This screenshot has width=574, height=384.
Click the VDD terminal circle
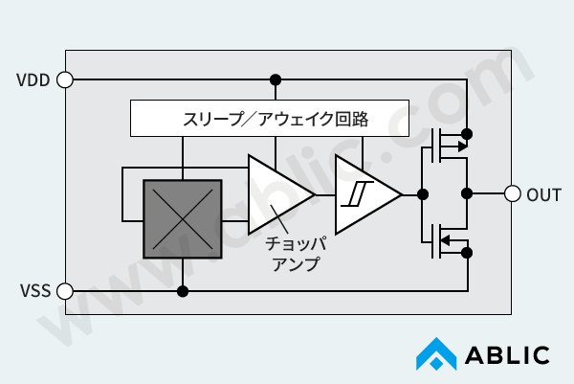[x=65, y=79]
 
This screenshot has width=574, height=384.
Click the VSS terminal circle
[x=65, y=290]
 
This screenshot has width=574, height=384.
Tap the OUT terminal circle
[x=512, y=193]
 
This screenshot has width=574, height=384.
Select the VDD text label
[x=34, y=79]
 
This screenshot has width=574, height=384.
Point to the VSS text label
[x=34, y=290]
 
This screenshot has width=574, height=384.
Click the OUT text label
[x=544, y=193]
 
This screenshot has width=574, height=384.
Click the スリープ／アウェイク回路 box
[x=270, y=119]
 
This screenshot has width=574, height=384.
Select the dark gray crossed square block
[x=182, y=219]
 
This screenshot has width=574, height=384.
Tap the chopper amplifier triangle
[x=276, y=193]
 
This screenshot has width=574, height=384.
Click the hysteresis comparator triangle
[x=363, y=194]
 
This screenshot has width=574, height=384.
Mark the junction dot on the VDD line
[x=276, y=79]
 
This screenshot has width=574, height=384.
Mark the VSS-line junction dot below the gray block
[x=182, y=290]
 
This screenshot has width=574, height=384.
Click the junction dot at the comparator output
[x=421, y=194]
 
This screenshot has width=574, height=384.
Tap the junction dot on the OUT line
[x=467, y=193]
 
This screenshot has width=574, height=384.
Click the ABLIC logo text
[x=508, y=356]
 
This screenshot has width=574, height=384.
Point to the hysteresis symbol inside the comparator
[x=356, y=194]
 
